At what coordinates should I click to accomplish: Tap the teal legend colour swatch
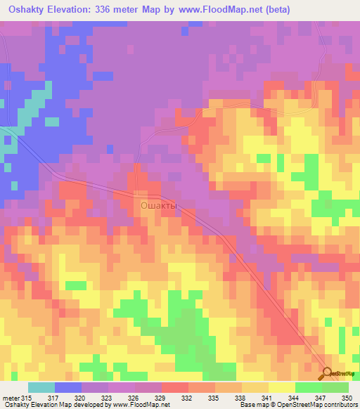point(41,387)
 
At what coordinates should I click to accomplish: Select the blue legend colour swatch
point(68,387)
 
